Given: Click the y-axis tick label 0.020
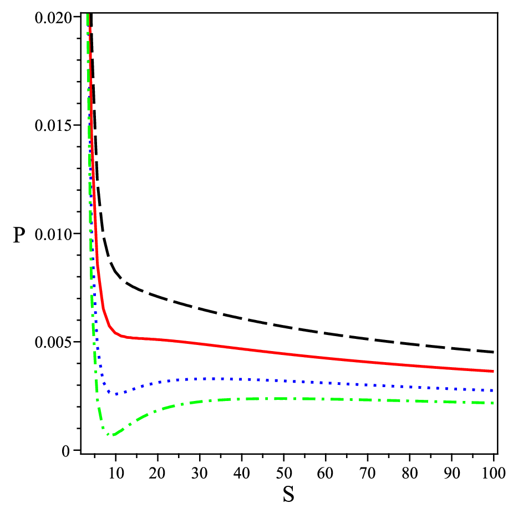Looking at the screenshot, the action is [53, 18].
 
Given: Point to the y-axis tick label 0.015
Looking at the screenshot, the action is [53, 126].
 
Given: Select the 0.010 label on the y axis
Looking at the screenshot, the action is [53, 235].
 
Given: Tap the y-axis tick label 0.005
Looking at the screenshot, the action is [53, 343].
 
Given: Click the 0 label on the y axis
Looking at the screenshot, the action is [66, 451].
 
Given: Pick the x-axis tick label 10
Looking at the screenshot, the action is [116, 473].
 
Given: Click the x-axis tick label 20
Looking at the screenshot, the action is [158, 473].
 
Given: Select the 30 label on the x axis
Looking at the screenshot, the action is [200, 473].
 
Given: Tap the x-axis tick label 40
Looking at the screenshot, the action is [241, 473].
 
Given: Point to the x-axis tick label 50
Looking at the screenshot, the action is [283, 473].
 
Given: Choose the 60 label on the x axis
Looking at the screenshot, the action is [325, 473].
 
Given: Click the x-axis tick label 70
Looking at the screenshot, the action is [367, 473].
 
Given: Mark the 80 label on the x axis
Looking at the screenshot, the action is [410, 473].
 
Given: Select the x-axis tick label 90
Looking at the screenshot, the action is [451, 473].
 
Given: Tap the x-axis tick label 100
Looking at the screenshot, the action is [494, 473].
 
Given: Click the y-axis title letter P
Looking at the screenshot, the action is [19, 235].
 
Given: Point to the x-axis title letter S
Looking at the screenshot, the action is [288, 494].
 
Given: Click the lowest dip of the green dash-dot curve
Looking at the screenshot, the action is [112, 435].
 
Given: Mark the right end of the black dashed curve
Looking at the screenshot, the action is [493, 352].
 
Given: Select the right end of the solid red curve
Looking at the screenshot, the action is [493, 372].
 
